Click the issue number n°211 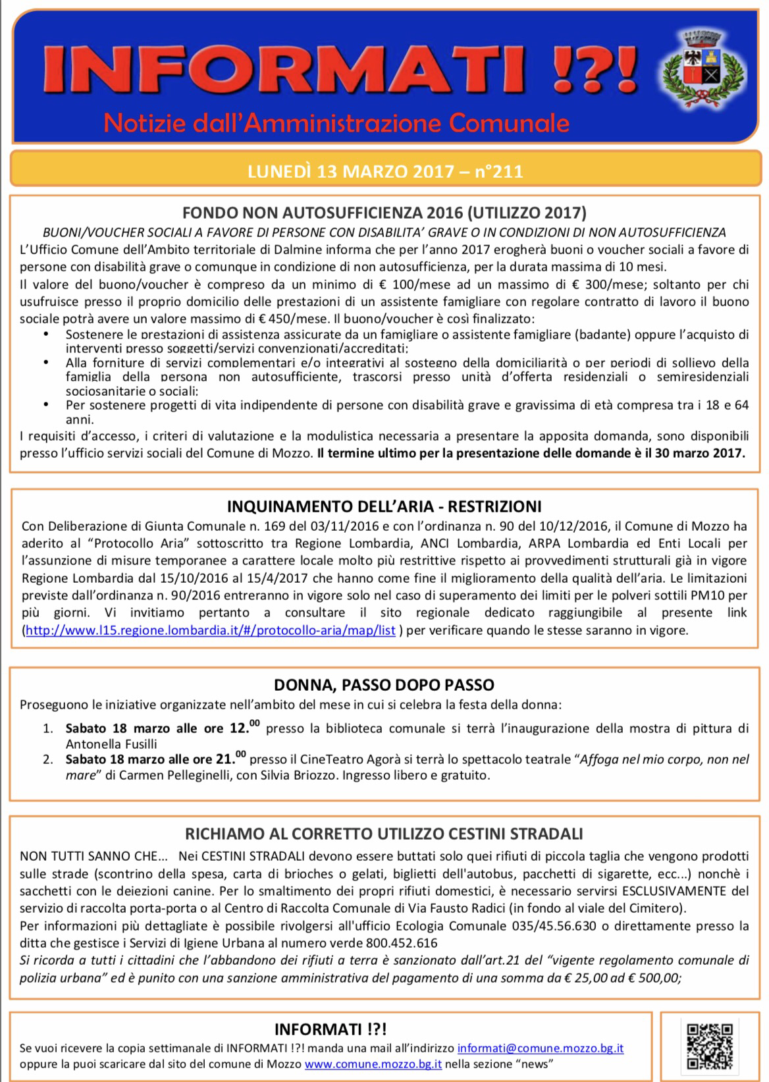tap(498, 171)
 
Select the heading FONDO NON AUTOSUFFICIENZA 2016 tap(384, 213)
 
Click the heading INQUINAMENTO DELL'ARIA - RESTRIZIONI tap(384, 506)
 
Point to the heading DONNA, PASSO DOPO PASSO tap(384, 685)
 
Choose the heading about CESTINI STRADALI tap(384, 834)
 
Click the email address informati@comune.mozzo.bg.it tap(541, 1048)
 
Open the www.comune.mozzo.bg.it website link tap(373, 1064)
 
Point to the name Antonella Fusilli tap(111, 744)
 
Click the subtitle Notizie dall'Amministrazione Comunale tap(336, 123)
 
